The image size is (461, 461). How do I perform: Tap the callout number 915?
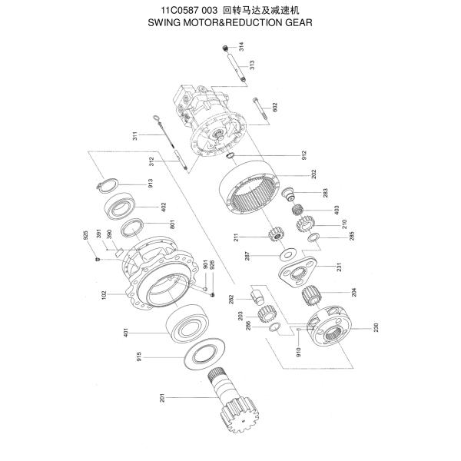click(x=160, y=357)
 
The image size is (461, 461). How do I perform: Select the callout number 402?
click(x=163, y=206)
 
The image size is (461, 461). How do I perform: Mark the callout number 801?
click(x=173, y=225)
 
